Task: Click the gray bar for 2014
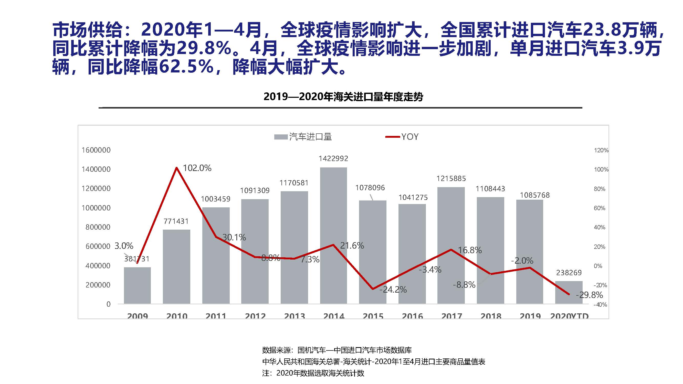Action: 333,236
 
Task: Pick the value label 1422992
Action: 333,158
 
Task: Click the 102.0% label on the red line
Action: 197,168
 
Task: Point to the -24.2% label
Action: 393,289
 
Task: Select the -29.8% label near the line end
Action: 589,295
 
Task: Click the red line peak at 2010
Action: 177,168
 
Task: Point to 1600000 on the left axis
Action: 96,150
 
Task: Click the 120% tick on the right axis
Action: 601,150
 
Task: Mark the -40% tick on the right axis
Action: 600,304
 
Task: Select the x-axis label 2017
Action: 451,316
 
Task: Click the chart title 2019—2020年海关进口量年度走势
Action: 343,97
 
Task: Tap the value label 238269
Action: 569,272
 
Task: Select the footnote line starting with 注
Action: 313,373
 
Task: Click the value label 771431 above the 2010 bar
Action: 176,221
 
